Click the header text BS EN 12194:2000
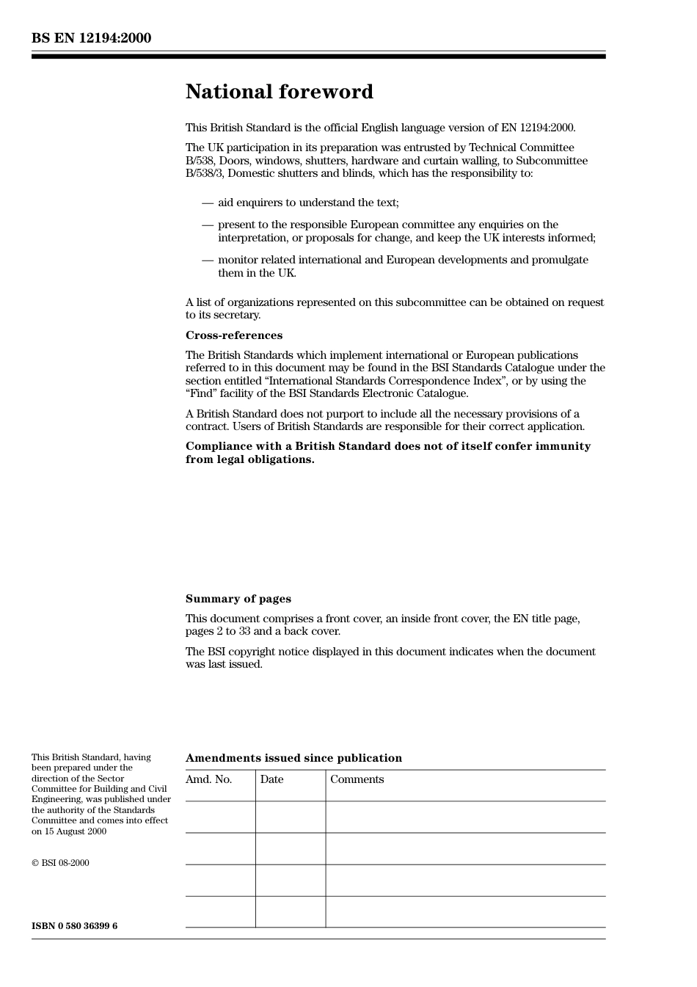(x=91, y=38)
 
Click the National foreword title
(x=279, y=92)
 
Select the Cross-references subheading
(x=233, y=335)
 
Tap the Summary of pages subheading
(x=238, y=599)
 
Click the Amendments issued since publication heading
(x=293, y=758)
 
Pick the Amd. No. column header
(x=208, y=779)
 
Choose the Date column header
(x=271, y=779)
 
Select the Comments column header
(x=357, y=779)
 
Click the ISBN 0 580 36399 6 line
(x=74, y=926)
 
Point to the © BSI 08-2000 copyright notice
(x=60, y=863)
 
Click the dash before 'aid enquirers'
(x=208, y=203)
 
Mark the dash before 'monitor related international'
(x=208, y=260)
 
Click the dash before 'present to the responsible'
(x=208, y=225)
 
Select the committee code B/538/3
(x=205, y=173)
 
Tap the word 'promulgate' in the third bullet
(x=561, y=260)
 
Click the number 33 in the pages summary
(x=244, y=631)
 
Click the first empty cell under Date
(x=291, y=817)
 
